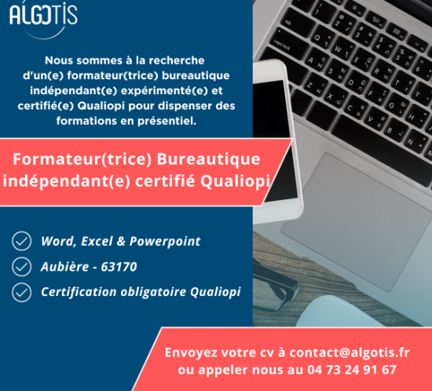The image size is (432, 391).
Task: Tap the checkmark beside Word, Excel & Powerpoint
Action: [21, 241]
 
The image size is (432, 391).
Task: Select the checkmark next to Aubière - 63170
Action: [21, 266]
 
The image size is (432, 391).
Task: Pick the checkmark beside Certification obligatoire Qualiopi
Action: [21, 292]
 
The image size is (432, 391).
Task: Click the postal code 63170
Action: [119, 267]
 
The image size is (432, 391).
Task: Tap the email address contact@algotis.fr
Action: [350, 353]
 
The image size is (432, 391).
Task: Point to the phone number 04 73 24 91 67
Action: [352, 370]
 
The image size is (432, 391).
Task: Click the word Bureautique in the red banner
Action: [208, 159]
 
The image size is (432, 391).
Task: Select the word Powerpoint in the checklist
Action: [165, 242]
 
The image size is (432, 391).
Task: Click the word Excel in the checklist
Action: [97, 241]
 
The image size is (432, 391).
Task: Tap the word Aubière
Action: [64, 266]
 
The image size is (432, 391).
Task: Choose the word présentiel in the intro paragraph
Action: [167, 121]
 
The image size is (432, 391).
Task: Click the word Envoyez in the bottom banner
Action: [191, 353]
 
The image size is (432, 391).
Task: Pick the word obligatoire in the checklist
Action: [153, 292]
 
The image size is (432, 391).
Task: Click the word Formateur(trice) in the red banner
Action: [82, 159]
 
